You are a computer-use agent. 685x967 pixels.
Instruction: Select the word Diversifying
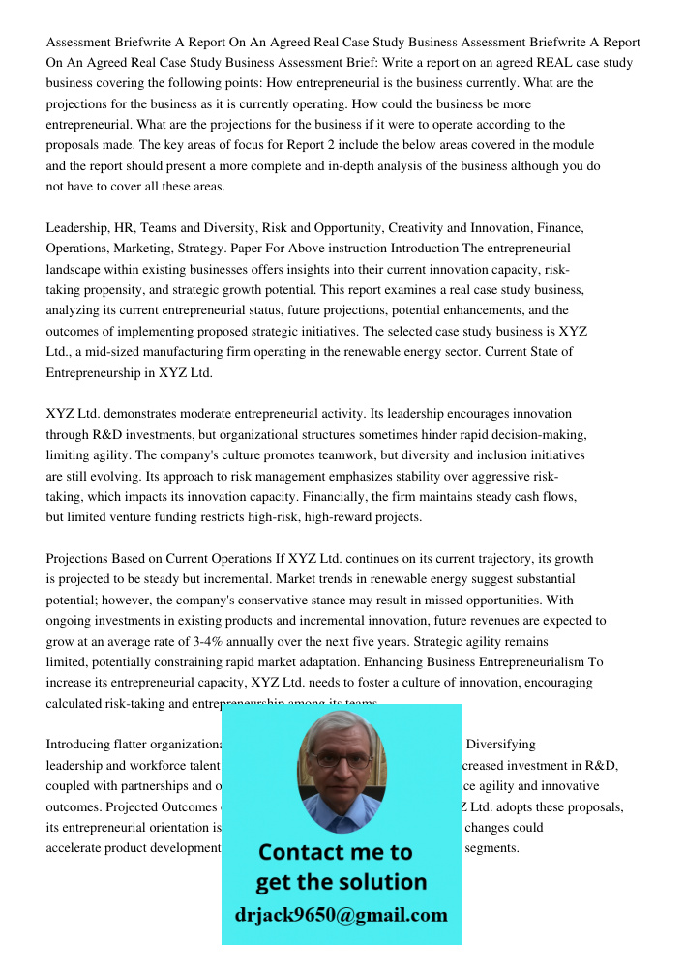click(x=501, y=745)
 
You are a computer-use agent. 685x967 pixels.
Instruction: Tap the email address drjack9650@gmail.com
click(x=342, y=915)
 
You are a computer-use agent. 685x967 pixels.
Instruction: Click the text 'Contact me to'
click(x=335, y=852)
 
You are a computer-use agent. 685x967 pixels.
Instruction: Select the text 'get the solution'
click(x=341, y=882)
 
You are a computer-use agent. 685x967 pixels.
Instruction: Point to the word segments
click(x=492, y=848)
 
